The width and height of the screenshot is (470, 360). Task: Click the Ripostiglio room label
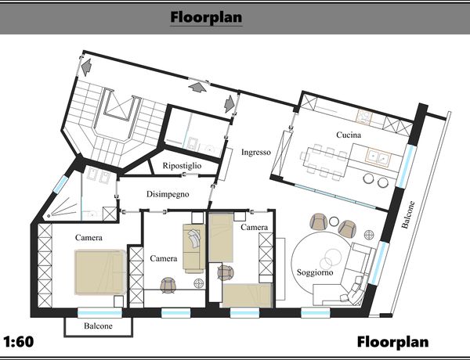[182, 166]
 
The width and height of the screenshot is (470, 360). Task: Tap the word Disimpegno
[168, 194]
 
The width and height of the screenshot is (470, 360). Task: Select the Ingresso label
[256, 152]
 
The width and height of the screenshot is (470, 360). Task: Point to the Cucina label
[349, 135]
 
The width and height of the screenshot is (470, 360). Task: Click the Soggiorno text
[315, 272]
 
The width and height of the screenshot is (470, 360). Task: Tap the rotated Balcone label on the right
[408, 214]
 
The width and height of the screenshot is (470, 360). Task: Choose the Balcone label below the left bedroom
[98, 326]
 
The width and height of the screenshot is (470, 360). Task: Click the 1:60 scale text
[19, 342]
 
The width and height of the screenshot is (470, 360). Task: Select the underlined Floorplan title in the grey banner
[206, 17]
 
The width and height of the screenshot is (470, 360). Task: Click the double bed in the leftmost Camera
[100, 272]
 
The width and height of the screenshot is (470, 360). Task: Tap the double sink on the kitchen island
[378, 157]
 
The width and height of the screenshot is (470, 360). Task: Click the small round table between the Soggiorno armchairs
[334, 221]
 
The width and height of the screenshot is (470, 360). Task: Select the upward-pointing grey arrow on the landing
[197, 87]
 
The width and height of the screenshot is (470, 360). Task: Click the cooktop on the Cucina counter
[364, 117]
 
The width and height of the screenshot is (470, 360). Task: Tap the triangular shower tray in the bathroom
[63, 207]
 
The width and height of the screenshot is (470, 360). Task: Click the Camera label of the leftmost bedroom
[89, 238]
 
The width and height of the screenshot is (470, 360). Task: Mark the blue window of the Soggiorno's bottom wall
[316, 313]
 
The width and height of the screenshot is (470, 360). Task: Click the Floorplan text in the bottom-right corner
[392, 342]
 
